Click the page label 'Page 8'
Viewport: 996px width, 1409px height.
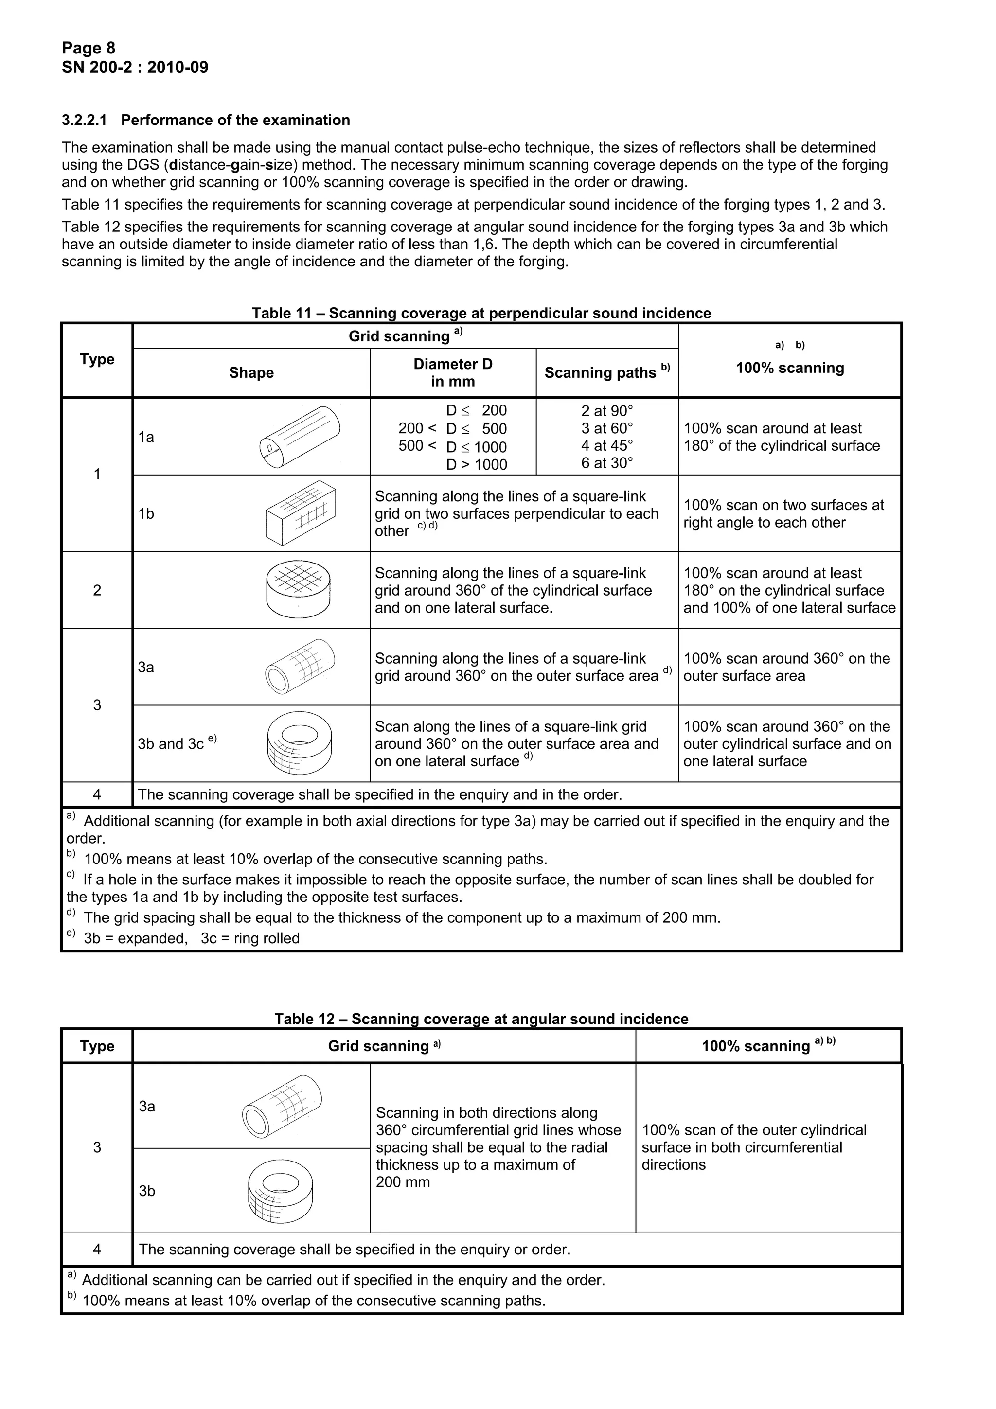(x=89, y=48)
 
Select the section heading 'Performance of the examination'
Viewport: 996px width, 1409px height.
(x=235, y=120)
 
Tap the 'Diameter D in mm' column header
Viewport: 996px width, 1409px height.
(x=453, y=372)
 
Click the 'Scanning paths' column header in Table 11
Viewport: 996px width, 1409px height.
(x=607, y=372)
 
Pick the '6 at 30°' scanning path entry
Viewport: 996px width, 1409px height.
(x=607, y=463)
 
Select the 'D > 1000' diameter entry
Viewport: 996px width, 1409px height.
(x=476, y=464)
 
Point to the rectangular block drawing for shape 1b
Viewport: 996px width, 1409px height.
(x=301, y=513)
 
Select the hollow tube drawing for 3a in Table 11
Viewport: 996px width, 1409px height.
(x=300, y=667)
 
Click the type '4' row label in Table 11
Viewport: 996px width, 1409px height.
(x=97, y=795)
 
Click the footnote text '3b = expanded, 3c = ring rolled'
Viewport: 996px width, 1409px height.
(x=192, y=938)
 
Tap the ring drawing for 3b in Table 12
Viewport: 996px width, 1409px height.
(x=281, y=1191)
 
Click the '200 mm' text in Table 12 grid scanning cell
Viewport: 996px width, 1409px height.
(x=403, y=1182)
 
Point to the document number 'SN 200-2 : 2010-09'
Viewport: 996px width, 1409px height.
(x=135, y=68)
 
